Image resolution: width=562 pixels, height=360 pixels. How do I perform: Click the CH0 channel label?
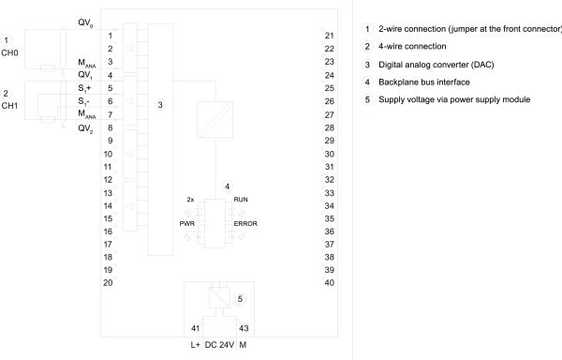pos(9,53)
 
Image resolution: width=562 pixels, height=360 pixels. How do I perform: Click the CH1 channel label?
pos(9,106)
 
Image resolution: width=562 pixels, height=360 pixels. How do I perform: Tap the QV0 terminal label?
pos(85,22)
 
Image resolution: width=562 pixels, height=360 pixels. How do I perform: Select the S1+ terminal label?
pos(84,88)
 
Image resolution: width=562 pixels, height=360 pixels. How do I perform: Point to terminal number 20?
pos(108,283)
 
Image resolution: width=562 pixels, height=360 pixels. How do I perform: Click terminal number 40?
pos(330,283)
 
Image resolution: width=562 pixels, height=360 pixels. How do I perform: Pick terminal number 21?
pos(330,36)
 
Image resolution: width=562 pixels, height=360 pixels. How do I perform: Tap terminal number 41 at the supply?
pos(196,328)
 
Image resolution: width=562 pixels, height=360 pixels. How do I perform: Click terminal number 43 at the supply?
pos(244,328)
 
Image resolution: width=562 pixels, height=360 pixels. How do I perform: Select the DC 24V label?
pos(219,345)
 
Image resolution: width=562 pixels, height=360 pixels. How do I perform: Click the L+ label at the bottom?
pos(196,345)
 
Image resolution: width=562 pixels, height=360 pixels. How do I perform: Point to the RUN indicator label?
pos(241,200)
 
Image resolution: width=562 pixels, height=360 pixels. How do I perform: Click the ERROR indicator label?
pos(245,224)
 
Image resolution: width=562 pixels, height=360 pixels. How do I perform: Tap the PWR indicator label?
pos(187,224)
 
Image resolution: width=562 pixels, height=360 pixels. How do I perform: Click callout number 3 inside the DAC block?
pos(160,105)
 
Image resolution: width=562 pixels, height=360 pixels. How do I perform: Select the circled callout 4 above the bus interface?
pos(227,187)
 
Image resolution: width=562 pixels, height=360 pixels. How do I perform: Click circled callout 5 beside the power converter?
pos(240,299)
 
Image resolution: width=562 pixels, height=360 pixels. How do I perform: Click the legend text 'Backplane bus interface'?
pos(424,82)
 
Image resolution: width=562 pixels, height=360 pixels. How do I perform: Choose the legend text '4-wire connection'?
pos(412,46)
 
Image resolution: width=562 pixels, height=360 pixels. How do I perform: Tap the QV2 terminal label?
pos(85,128)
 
